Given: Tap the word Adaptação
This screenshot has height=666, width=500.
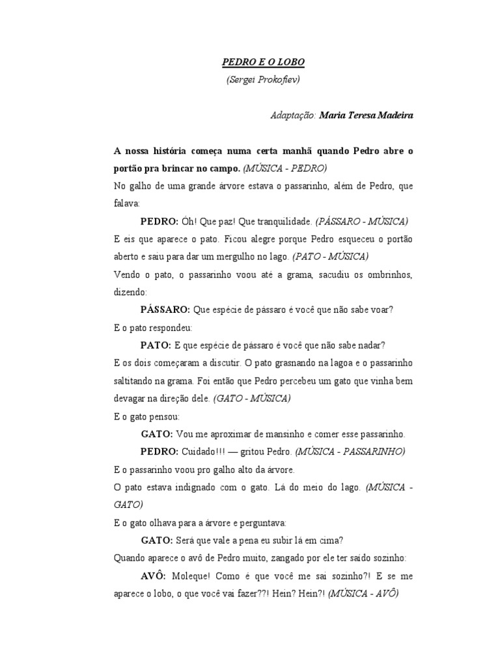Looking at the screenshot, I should click(x=292, y=115).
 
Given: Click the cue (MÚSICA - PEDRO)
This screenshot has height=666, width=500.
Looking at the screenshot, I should click(x=285, y=168).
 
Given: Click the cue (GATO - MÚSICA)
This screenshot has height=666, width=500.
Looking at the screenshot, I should click(x=253, y=398).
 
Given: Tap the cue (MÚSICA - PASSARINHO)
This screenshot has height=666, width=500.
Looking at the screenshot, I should click(x=350, y=451).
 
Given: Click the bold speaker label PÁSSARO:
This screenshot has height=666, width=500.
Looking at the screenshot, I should click(x=165, y=310).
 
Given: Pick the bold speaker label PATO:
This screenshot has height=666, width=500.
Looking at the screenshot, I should click(x=156, y=345).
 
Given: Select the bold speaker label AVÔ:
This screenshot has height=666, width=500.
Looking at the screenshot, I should click(x=154, y=576).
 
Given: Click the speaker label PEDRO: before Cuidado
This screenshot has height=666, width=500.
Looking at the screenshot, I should click(x=160, y=451).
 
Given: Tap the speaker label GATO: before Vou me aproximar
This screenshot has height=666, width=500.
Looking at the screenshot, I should click(x=157, y=434).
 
